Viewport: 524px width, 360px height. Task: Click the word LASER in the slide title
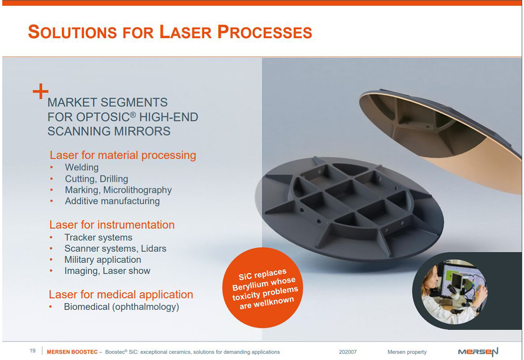[186, 32]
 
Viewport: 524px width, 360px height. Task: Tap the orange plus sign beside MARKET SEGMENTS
[41, 91]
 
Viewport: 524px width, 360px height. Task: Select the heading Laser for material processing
[122, 155]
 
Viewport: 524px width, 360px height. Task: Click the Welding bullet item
[81, 167]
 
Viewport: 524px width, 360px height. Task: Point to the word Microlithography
[138, 190]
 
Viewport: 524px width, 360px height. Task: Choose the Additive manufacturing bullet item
[112, 201]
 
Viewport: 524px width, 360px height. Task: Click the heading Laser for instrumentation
[112, 225]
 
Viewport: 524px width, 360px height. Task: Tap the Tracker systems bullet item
[98, 238]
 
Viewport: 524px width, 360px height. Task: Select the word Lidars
[154, 248]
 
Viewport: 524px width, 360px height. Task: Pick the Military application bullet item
[102, 259]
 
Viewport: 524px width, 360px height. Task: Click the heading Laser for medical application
[121, 295]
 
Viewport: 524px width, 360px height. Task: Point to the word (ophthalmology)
[146, 307]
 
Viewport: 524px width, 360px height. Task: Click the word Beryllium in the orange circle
[250, 286]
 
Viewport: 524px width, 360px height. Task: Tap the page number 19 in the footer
[32, 351]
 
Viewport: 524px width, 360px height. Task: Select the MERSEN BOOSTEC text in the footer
[72, 352]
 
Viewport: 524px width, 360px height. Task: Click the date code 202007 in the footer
[348, 352]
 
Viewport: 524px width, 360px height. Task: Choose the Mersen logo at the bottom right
[478, 352]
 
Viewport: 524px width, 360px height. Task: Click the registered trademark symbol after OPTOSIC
[133, 114]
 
